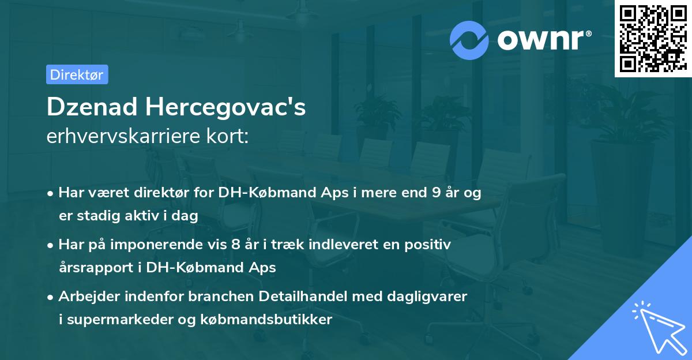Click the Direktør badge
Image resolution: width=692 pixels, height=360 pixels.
pyautogui.click(x=77, y=74)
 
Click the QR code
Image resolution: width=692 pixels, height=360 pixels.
pyautogui.click(x=652, y=39)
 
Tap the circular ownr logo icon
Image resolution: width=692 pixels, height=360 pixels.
pyautogui.click(x=469, y=40)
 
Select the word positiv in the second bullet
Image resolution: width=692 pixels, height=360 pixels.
pyautogui.click(x=430, y=245)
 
